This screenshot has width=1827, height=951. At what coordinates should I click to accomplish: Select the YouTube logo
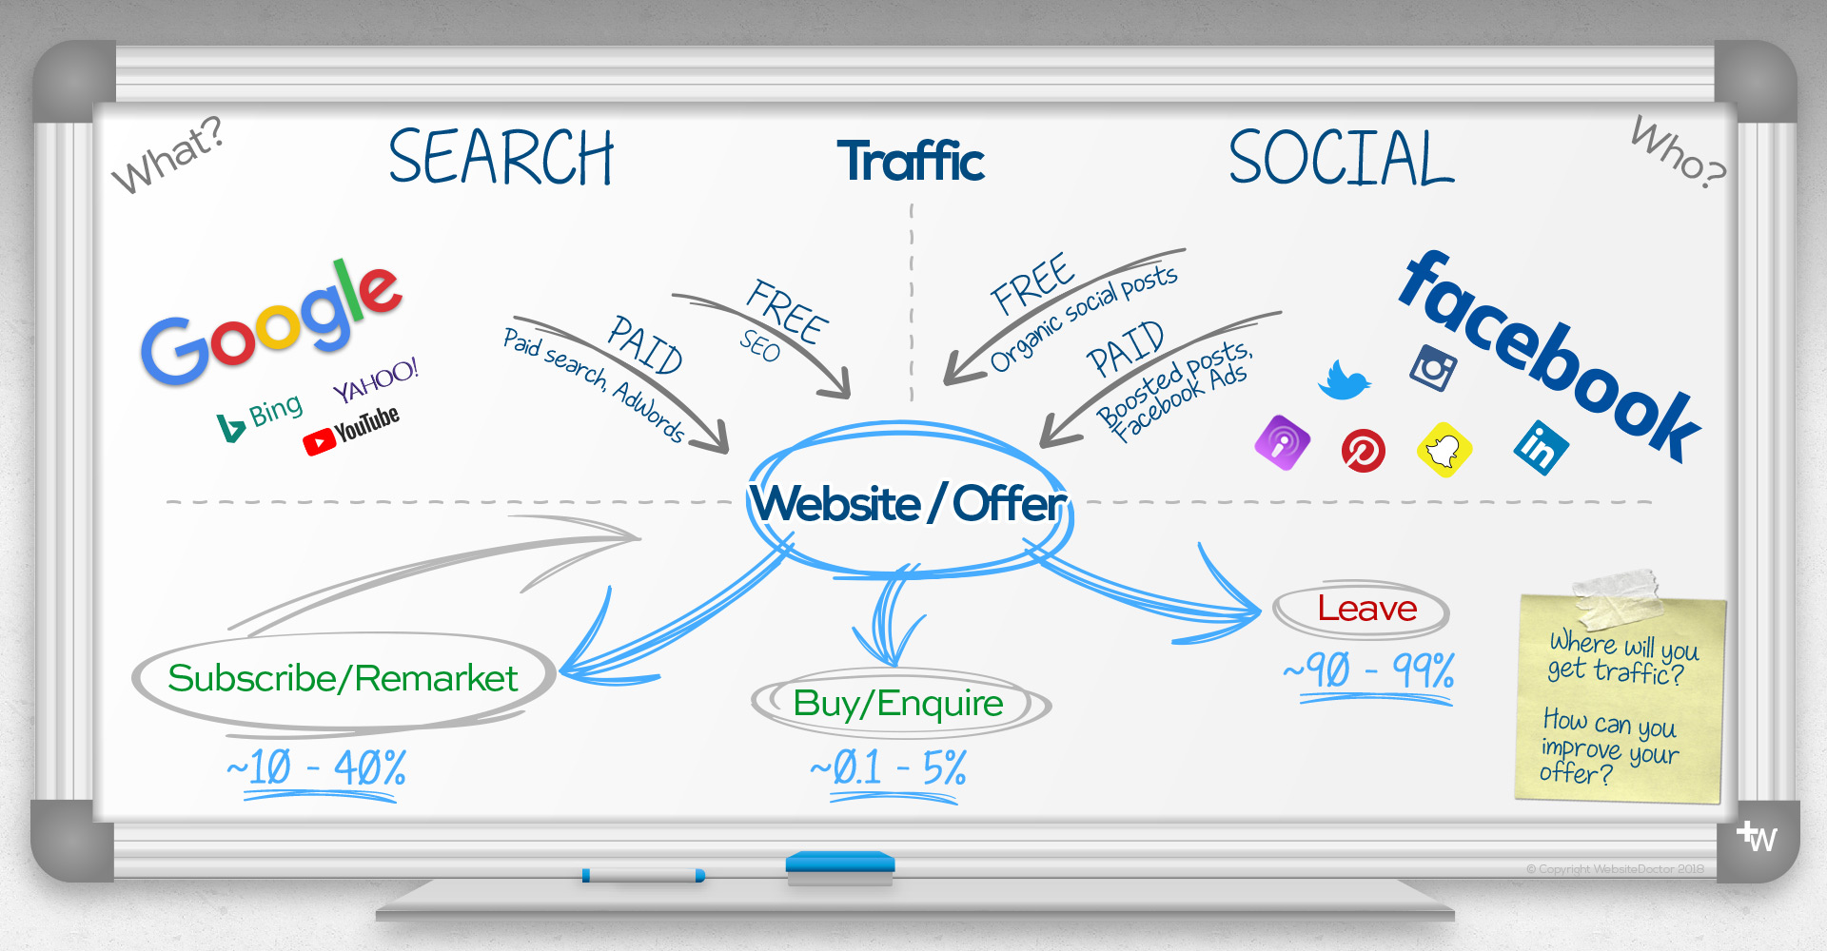click(351, 430)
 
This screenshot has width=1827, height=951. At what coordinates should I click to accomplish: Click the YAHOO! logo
click(376, 379)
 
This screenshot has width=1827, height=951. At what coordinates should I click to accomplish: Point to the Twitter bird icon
click(1344, 379)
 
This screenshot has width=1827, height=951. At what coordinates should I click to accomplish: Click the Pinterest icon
click(1363, 450)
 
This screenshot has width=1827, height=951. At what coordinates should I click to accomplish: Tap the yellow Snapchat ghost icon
click(1444, 449)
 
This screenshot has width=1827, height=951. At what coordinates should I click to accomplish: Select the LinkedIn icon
click(1541, 446)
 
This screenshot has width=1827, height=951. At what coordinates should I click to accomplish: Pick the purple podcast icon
click(1282, 442)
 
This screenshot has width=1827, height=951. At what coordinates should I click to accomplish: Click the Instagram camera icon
click(1433, 367)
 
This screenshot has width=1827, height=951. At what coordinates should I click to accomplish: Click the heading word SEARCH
click(501, 158)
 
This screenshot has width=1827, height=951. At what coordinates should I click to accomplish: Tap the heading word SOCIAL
click(1341, 159)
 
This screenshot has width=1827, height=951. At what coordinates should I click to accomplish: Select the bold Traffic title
click(911, 161)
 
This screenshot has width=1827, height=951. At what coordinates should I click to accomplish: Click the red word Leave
click(1366, 609)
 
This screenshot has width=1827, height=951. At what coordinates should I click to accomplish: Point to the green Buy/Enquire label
click(898, 704)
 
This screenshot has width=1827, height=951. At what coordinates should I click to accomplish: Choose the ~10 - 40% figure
click(317, 767)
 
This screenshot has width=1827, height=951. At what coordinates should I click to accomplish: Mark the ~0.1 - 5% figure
click(889, 767)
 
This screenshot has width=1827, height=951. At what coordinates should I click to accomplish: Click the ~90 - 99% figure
click(1369, 670)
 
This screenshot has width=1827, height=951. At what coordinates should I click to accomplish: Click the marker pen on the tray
click(644, 875)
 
